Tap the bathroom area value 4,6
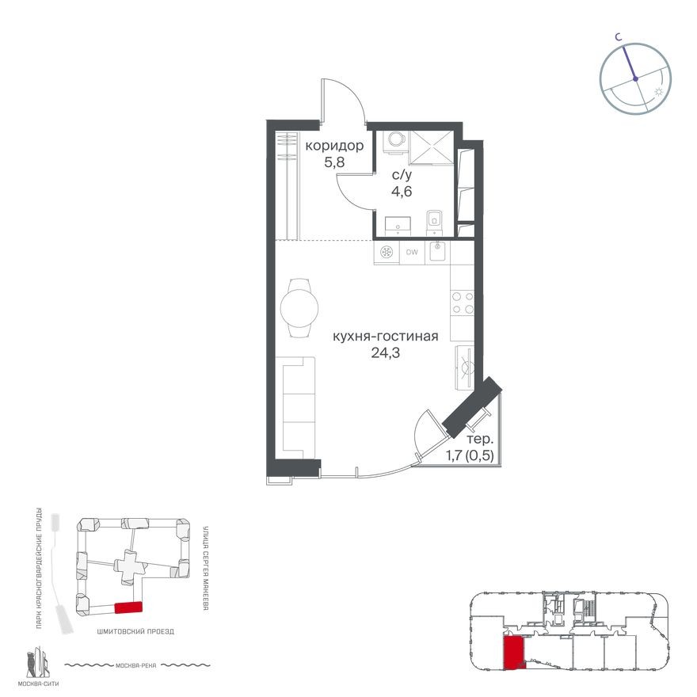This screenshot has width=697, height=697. pyautogui.click(x=402, y=191)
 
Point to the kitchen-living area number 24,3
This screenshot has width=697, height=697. pyautogui.click(x=385, y=353)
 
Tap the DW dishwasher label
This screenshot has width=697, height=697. pyautogui.click(x=412, y=253)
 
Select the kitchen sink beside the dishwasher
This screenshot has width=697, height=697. pyautogui.click(x=437, y=252)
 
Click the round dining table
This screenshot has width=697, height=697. pyautogui.click(x=301, y=307)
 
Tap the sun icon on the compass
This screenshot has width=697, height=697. pyautogui.click(x=657, y=93)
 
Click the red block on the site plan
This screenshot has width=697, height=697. pyautogui.click(x=128, y=607)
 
